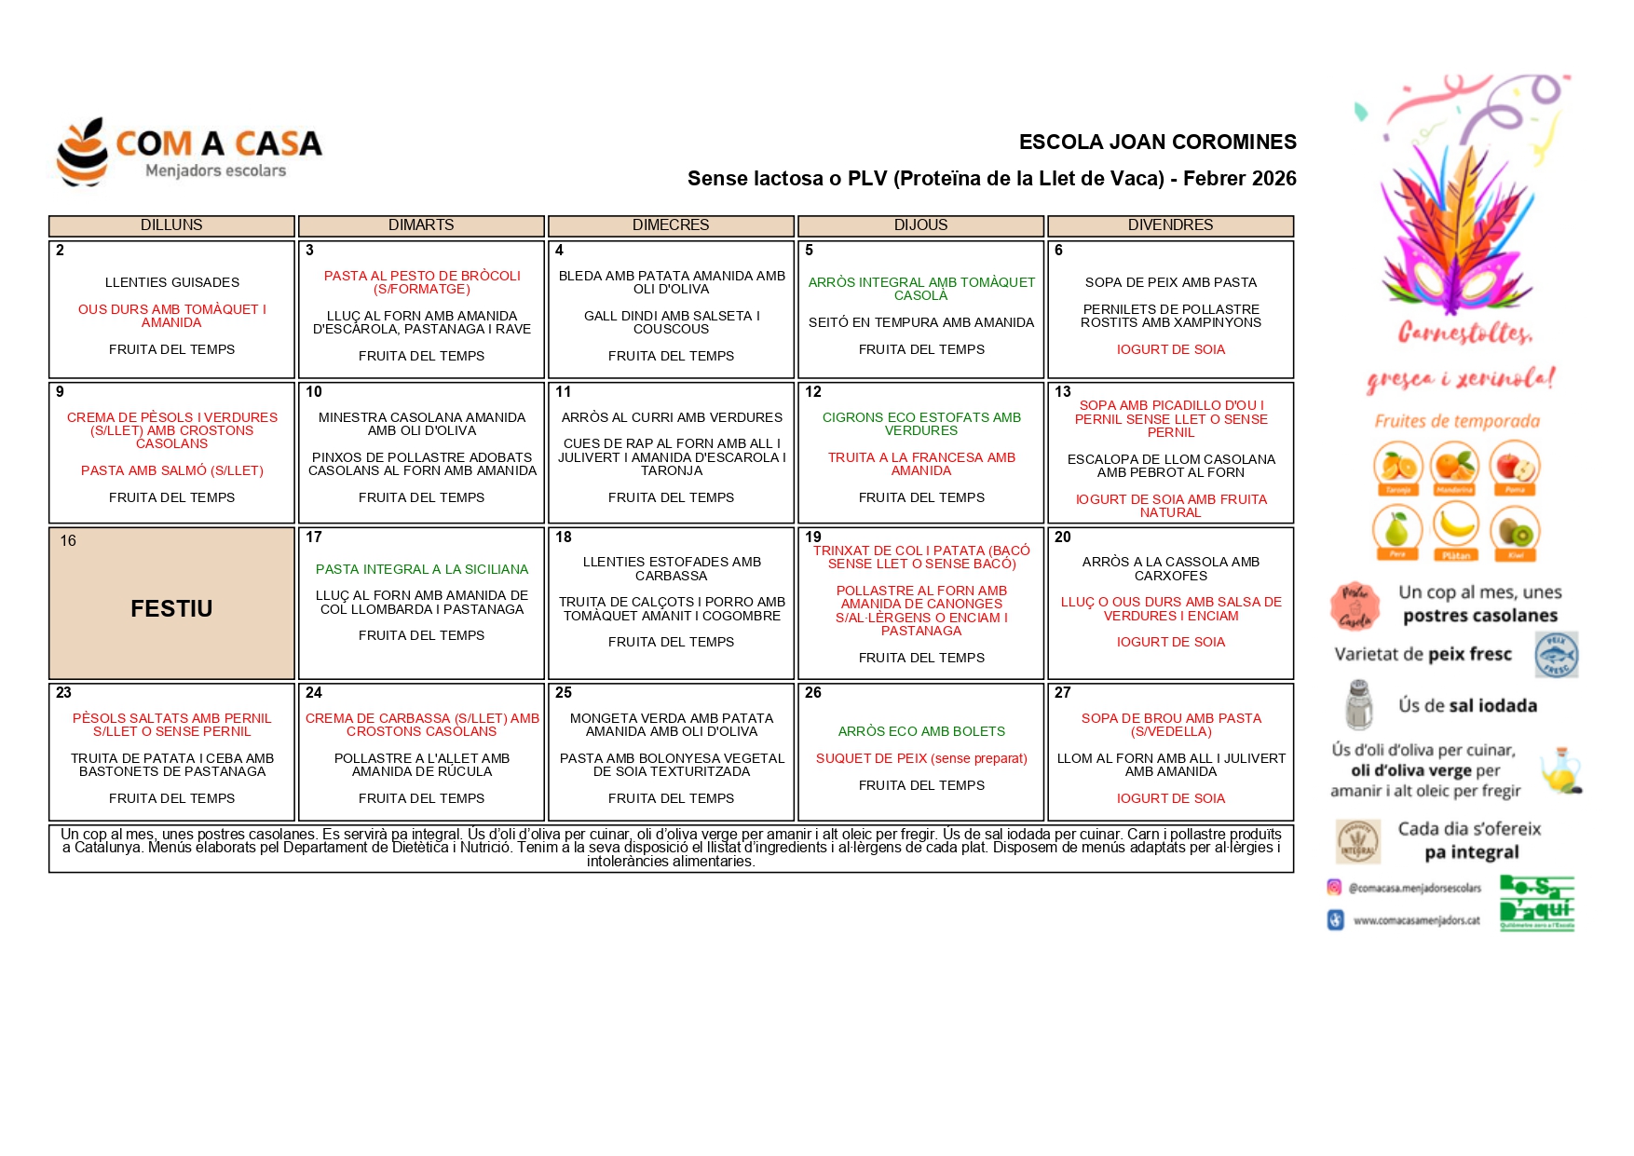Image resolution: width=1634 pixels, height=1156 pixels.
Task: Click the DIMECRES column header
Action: (671, 225)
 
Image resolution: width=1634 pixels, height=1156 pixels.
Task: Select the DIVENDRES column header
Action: (1170, 225)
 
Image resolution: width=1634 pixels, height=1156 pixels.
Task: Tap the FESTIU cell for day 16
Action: (171, 608)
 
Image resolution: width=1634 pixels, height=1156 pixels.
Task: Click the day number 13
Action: (1063, 392)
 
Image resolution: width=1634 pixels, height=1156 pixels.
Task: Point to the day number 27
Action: (1063, 693)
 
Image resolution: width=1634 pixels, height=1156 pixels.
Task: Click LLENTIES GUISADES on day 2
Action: (172, 282)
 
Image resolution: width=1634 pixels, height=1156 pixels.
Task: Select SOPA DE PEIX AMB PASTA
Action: (1170, 282)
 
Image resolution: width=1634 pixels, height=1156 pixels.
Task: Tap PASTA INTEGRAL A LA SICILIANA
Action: (421, 569)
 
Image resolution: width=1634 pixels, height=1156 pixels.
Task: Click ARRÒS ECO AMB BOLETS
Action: (921, 731)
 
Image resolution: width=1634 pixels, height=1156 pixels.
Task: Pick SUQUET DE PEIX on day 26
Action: (921, 758)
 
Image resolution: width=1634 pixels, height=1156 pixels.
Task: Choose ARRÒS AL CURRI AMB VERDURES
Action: (672, 417)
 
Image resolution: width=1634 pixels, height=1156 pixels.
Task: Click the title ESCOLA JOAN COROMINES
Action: (1157, 143)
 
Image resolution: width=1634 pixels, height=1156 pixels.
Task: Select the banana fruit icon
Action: (1456, 527)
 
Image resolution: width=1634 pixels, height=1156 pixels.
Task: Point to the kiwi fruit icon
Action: (1515, 531)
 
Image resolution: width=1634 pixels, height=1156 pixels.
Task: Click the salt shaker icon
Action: (1359, 705)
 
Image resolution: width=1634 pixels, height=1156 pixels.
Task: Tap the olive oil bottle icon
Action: (1560, 770)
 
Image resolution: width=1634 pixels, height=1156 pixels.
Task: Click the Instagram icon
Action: (1334, 888)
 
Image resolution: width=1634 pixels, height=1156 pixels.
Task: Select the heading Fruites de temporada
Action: (1457, 422)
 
